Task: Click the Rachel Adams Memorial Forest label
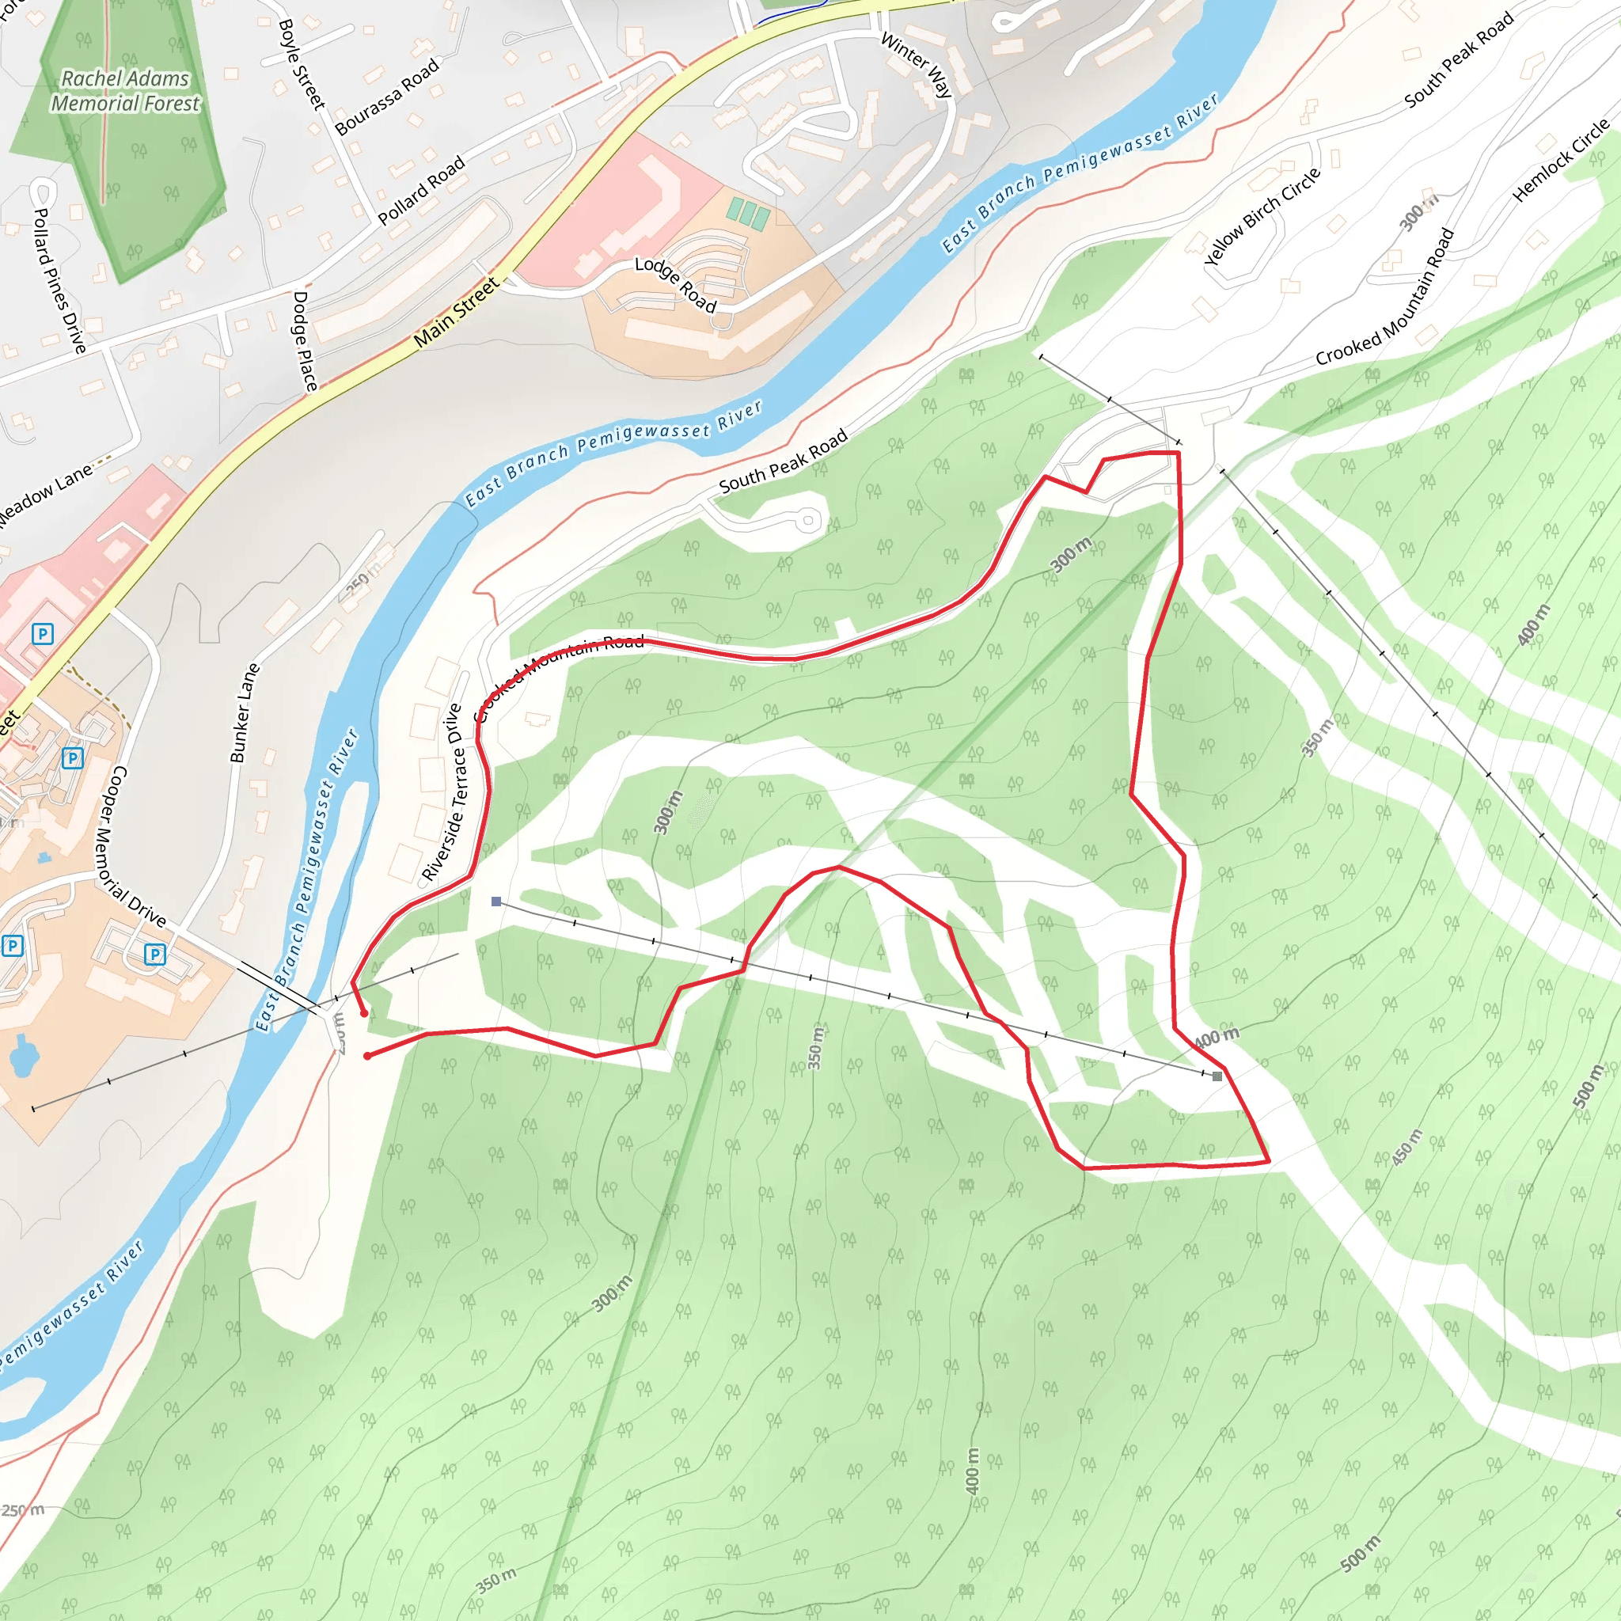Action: (x=126, y=90)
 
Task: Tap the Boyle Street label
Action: (x=300, y=65)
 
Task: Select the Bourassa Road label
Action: (x=387, y=97)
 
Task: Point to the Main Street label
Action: (x=457, y=312)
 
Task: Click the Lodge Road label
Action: (x=675, y=285)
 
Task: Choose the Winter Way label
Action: (x=917, y=66)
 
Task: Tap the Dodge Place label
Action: (x=305, y=340)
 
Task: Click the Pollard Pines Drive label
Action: (x=59, y=280)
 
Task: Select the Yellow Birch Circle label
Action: (x=1262, y=216)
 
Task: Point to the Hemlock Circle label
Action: (x=1561, y=159)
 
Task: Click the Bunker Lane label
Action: (x=244, y=712)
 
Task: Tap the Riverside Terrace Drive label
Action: (x=442, y=792)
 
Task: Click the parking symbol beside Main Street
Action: (x=43, y=633)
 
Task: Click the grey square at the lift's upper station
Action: (x=1217, y=1076)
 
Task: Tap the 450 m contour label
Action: (x=1407, y=1147)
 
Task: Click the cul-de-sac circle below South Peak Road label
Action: (x=808, y=520)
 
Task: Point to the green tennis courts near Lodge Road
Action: (x=747, y=213)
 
